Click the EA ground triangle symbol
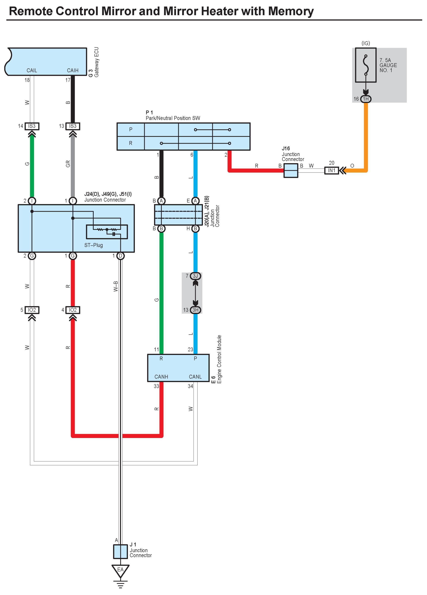coord(120,571)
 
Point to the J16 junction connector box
coord(291,171)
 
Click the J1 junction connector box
coord(120,552)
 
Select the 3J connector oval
coord(195,276)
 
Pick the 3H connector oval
coord(195,310)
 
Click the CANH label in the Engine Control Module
coord(161,377)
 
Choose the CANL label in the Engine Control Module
coord(195,377)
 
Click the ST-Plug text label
coord(93,245)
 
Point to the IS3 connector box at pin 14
coord(32,126)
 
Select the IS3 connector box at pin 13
coord(73,126)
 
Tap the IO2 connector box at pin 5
coord(32,310)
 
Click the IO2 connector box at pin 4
coord(73,310)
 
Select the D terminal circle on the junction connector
coord(120,256)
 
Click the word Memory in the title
coord(291,11)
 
